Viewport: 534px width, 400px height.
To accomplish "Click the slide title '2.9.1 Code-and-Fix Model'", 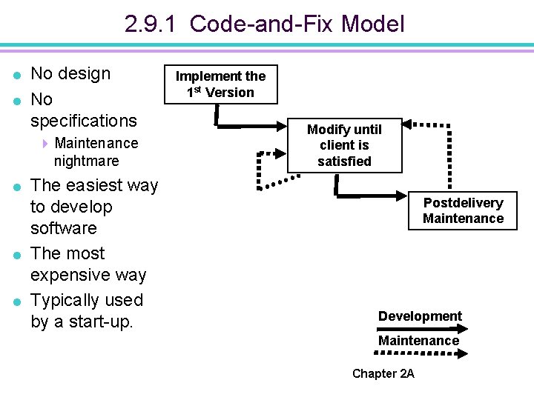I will (265, 24).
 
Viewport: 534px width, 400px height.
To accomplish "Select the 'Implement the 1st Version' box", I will (220, 84).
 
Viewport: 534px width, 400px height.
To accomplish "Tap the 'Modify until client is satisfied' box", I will (344, 145).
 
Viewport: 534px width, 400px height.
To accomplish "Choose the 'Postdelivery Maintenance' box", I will (463, 210).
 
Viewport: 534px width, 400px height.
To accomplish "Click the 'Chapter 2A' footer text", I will (383, 373).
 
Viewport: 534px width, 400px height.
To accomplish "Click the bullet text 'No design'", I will (70, 73).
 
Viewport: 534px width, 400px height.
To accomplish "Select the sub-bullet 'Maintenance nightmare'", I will (96, 151).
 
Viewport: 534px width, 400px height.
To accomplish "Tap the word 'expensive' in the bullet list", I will (69, 275).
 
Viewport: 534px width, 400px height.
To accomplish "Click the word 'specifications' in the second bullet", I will (83, 120).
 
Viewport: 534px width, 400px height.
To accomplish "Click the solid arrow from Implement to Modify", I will (245, 127).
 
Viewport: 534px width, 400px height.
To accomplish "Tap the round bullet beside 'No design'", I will (17, 75).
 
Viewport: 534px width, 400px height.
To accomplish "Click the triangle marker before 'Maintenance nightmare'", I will (45, 143).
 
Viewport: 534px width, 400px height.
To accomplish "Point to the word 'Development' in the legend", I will (420, 316).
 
